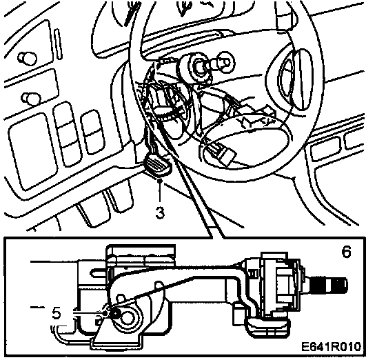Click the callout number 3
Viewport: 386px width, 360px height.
[160, 212]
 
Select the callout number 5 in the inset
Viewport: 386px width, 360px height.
[57, 314]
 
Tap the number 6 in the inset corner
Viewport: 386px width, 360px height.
[346, 252]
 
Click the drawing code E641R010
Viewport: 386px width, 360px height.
[332, 347]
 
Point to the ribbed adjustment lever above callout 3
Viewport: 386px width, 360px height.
[158, 167]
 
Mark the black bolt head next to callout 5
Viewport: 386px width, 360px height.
[115, 314]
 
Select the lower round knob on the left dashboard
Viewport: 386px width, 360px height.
[31, 99]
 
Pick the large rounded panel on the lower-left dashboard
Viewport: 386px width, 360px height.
[33, 151]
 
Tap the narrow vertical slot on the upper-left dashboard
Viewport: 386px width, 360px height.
[58, 44]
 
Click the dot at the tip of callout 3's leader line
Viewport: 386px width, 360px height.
[160, 181]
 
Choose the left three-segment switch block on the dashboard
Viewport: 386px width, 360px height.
[68, 134]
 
